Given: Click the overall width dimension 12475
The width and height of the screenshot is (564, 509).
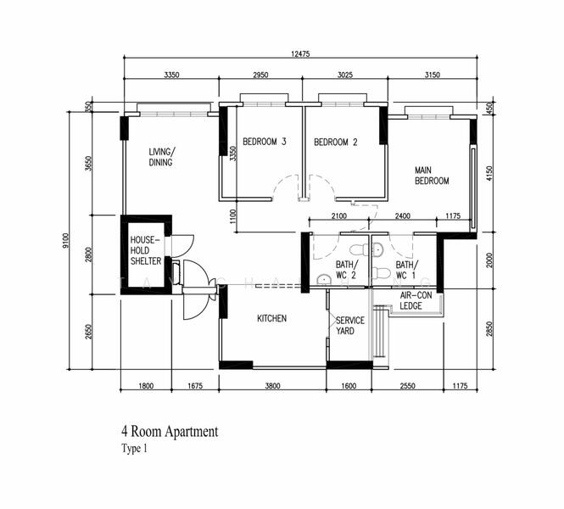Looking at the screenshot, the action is point(300,54).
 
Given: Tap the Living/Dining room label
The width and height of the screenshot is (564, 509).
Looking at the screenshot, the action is point(161,157).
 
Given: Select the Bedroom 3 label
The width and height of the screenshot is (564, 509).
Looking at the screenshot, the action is point(265,142).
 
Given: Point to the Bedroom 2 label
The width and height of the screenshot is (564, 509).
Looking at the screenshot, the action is point(336,142).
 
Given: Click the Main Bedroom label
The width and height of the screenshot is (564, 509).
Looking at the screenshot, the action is point(432,176).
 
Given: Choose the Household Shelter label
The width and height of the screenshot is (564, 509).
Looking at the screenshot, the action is point(146,250).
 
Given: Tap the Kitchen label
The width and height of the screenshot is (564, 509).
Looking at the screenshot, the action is point(272,318).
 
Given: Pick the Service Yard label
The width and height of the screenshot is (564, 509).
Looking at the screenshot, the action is point(350,326).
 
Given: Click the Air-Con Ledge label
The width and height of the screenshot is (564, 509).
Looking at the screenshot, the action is point(416,300).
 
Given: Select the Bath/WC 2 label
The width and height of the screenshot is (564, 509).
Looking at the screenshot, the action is point(347,270).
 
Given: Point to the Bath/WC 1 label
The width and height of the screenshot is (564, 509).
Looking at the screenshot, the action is point(407,270).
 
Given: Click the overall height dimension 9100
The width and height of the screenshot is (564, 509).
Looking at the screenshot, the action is point(65,240).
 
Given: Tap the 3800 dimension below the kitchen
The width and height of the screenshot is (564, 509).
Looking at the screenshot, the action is point(272,386).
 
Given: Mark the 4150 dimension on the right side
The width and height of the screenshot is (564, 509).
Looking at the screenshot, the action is point(489,173).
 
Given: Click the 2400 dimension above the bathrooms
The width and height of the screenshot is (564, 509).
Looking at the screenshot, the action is point(403,215).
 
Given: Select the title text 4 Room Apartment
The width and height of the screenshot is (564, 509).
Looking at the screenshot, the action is point(170,431).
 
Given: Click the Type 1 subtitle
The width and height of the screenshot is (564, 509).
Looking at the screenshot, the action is point(135,449).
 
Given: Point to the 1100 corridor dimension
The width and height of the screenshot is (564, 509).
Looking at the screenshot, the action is point(233,216).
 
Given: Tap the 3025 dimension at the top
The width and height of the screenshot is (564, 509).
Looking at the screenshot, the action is point(345,75).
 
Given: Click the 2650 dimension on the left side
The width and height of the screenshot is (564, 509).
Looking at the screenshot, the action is point(89,332).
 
